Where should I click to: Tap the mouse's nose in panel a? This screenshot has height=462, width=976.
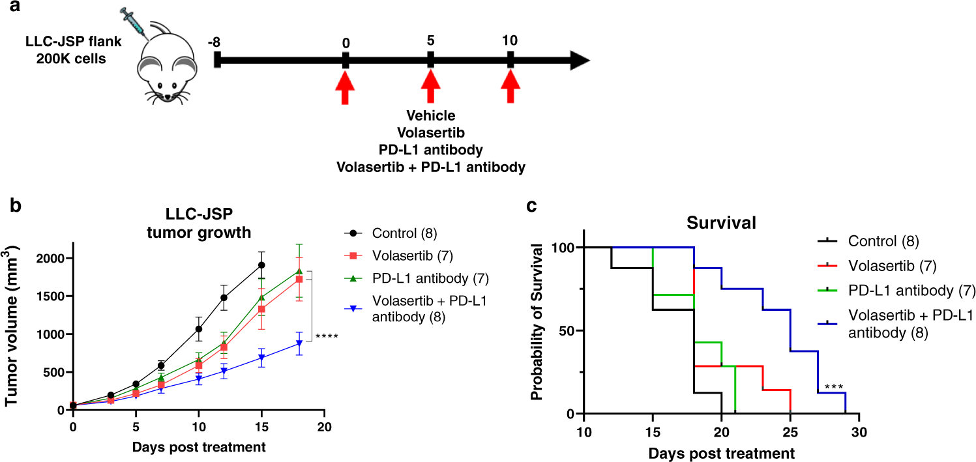168,97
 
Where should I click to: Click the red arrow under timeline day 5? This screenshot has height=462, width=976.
430,87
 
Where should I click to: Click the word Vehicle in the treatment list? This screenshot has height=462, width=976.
430,116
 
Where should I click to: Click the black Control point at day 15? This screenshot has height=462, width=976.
262,265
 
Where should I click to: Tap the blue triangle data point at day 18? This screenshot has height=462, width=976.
299,343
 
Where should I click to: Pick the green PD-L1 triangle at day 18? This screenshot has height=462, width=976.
299,271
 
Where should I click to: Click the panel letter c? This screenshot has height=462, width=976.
532,206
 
